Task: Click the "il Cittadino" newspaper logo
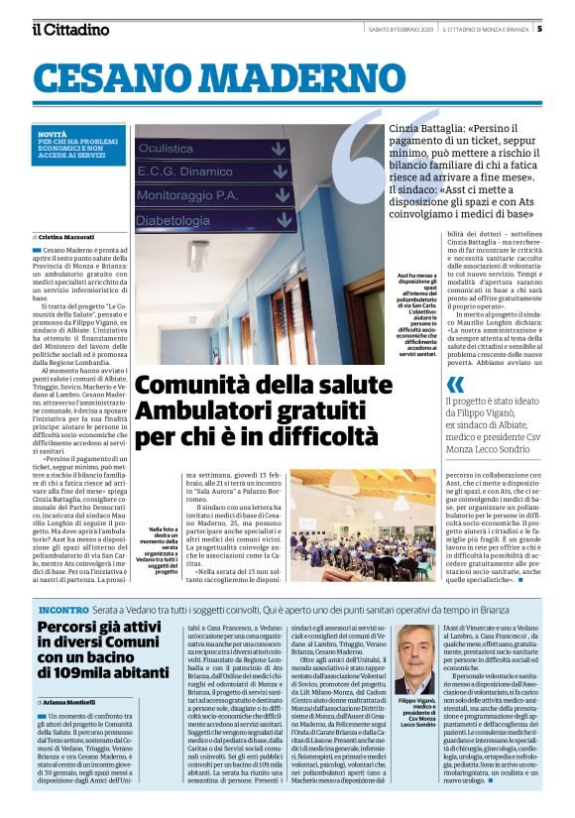(68, 30)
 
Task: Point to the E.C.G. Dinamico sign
(187, 172)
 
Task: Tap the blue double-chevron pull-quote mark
(455, 384)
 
